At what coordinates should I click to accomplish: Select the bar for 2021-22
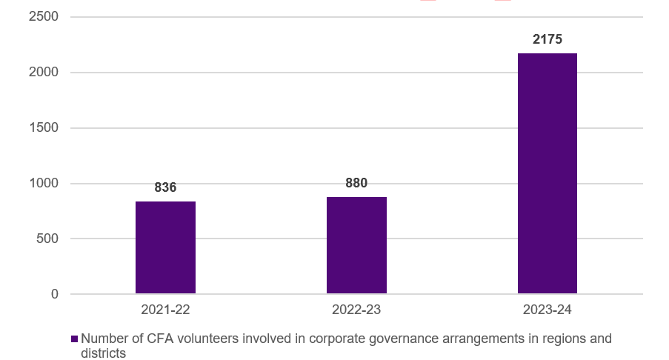pos(165,247)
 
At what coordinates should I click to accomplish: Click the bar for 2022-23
pos(356,245)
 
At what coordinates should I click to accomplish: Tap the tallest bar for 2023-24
pos(547,173)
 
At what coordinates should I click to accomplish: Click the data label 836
pos(165,187)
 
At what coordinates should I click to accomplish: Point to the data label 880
pos(356,183)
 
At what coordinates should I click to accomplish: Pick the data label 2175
pos(547,39)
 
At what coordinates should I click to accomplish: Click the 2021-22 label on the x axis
pos(165,310)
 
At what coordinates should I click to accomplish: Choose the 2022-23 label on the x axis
pos(356,310)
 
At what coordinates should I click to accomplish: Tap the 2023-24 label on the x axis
pos(547,310)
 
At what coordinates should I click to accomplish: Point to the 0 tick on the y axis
pos(54,294)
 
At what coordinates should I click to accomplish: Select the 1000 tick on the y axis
pos(44,183)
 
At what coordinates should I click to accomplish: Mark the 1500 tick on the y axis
pos(44,127)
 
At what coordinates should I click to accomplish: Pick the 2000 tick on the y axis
pos(44,72)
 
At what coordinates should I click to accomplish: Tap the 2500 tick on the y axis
pos(44,16)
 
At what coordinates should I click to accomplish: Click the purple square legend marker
pos(74,339)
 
